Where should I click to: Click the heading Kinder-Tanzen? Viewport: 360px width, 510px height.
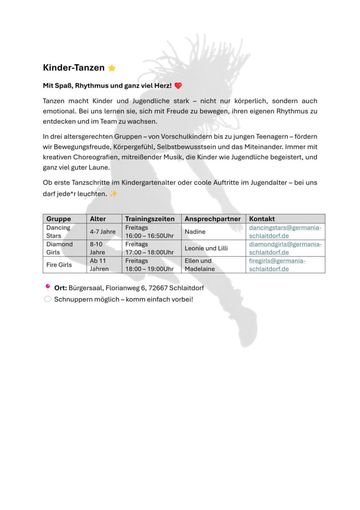coord(74,68)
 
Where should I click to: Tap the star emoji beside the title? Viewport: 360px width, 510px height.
coord(112,68)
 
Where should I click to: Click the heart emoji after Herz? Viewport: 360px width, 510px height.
coord(178,86)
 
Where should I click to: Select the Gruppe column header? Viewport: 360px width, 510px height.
coord(59,219)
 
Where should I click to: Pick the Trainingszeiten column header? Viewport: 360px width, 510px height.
coord(150,219)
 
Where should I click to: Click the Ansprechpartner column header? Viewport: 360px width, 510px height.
coord(213,219)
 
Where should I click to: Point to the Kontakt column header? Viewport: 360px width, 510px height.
coord(262,219)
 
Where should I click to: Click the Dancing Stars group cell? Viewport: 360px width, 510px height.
coord(58,232)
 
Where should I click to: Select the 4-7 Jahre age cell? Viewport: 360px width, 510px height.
coord(103,232)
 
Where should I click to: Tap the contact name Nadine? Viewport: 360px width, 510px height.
coord(195,232)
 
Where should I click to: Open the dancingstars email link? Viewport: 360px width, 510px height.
coord(285,232)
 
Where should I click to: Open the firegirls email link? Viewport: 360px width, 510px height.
coord(277,264)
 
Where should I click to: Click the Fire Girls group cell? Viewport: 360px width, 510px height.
coord(59,265)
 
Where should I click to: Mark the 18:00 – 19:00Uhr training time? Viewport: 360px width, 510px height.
coord(149,269)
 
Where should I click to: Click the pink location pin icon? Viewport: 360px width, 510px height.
coord(48,287)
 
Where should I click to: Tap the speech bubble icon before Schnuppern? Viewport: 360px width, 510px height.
coord(48,299)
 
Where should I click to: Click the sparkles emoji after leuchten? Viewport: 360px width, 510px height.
coord(114,194)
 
